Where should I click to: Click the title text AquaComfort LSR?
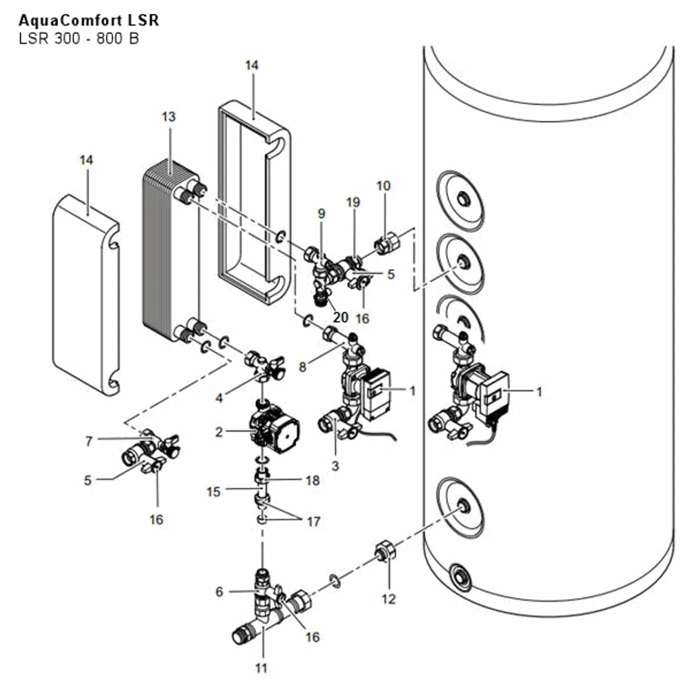click(x=89, y=20)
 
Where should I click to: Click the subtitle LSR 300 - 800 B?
click(x=79, y=39)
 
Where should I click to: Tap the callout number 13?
click(x=168, y=117)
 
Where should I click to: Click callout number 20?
click(x=341, y=317)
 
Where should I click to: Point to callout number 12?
click(x=388, y=599)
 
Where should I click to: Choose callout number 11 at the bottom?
click(x=262, y=668)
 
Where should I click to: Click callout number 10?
click(x=383, y=186)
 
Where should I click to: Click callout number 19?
click(x=353, y=202)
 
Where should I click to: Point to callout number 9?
click(x=322, y=213)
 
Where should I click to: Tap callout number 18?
click(x=313, y=480)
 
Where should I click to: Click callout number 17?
click(x=313, y=522)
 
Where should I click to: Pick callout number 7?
click(x=89, y=441)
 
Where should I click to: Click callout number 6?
click(x=219, y=592)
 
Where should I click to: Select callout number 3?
click(x=335, y=466)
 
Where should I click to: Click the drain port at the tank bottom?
click(x=460, y=575)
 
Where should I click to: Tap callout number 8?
click(x=302, y=366)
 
